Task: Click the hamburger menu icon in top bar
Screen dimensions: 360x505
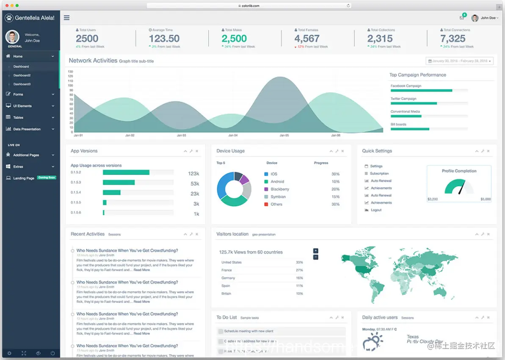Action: (66, 18)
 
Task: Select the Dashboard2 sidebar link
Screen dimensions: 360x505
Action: (22, 75)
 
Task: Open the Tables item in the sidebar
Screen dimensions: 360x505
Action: (18, 117)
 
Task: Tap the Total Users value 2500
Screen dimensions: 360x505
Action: (87, 39)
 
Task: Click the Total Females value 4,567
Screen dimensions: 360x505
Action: (307, 39)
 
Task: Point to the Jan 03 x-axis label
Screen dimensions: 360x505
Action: (181, 136)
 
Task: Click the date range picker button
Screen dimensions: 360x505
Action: (459, 61)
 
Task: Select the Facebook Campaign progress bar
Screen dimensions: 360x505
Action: (421, 90)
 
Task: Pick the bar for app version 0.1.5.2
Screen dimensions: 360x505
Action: (126, 172)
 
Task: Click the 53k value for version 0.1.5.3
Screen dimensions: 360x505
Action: (195, 183)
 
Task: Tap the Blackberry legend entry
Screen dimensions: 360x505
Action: (279, 189)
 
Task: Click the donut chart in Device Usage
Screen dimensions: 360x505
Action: (234, 189)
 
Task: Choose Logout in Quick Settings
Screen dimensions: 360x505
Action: (376, 210)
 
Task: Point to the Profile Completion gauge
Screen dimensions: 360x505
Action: (459, 187)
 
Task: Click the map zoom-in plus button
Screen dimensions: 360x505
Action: (316, 251)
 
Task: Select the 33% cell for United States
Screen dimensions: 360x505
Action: (299, 262)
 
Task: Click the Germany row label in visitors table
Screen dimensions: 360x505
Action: (228, 278)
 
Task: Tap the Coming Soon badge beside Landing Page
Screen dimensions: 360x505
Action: (47, 178)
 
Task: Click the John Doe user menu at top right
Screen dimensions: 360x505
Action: (485, 18)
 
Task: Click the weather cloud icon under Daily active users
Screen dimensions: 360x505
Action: (373, 341)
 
